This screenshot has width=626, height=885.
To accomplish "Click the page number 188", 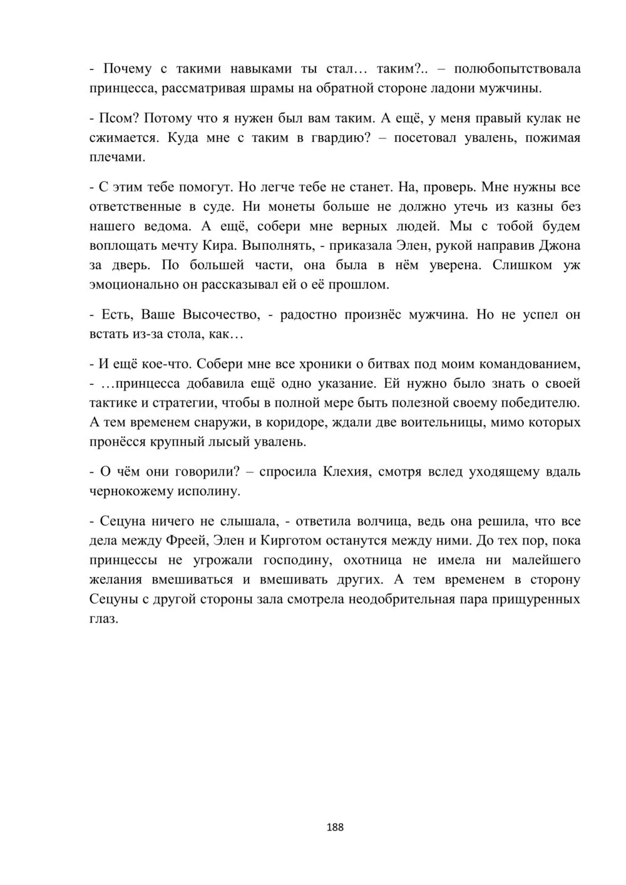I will [x=335, y=827].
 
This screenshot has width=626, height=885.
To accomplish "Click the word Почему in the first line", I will [x=126, y=69].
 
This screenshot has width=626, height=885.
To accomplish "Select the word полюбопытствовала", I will [x=518, y=69].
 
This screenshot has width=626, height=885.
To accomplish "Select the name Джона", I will [x=559, y=245].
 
